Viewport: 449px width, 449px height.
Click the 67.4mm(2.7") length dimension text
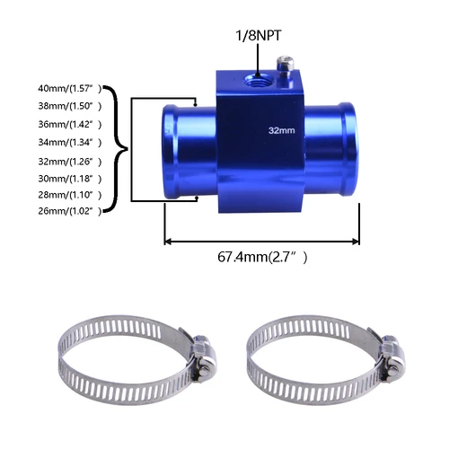(x=262, y=258)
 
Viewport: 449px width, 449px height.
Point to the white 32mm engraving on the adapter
(x=282, y=129)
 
